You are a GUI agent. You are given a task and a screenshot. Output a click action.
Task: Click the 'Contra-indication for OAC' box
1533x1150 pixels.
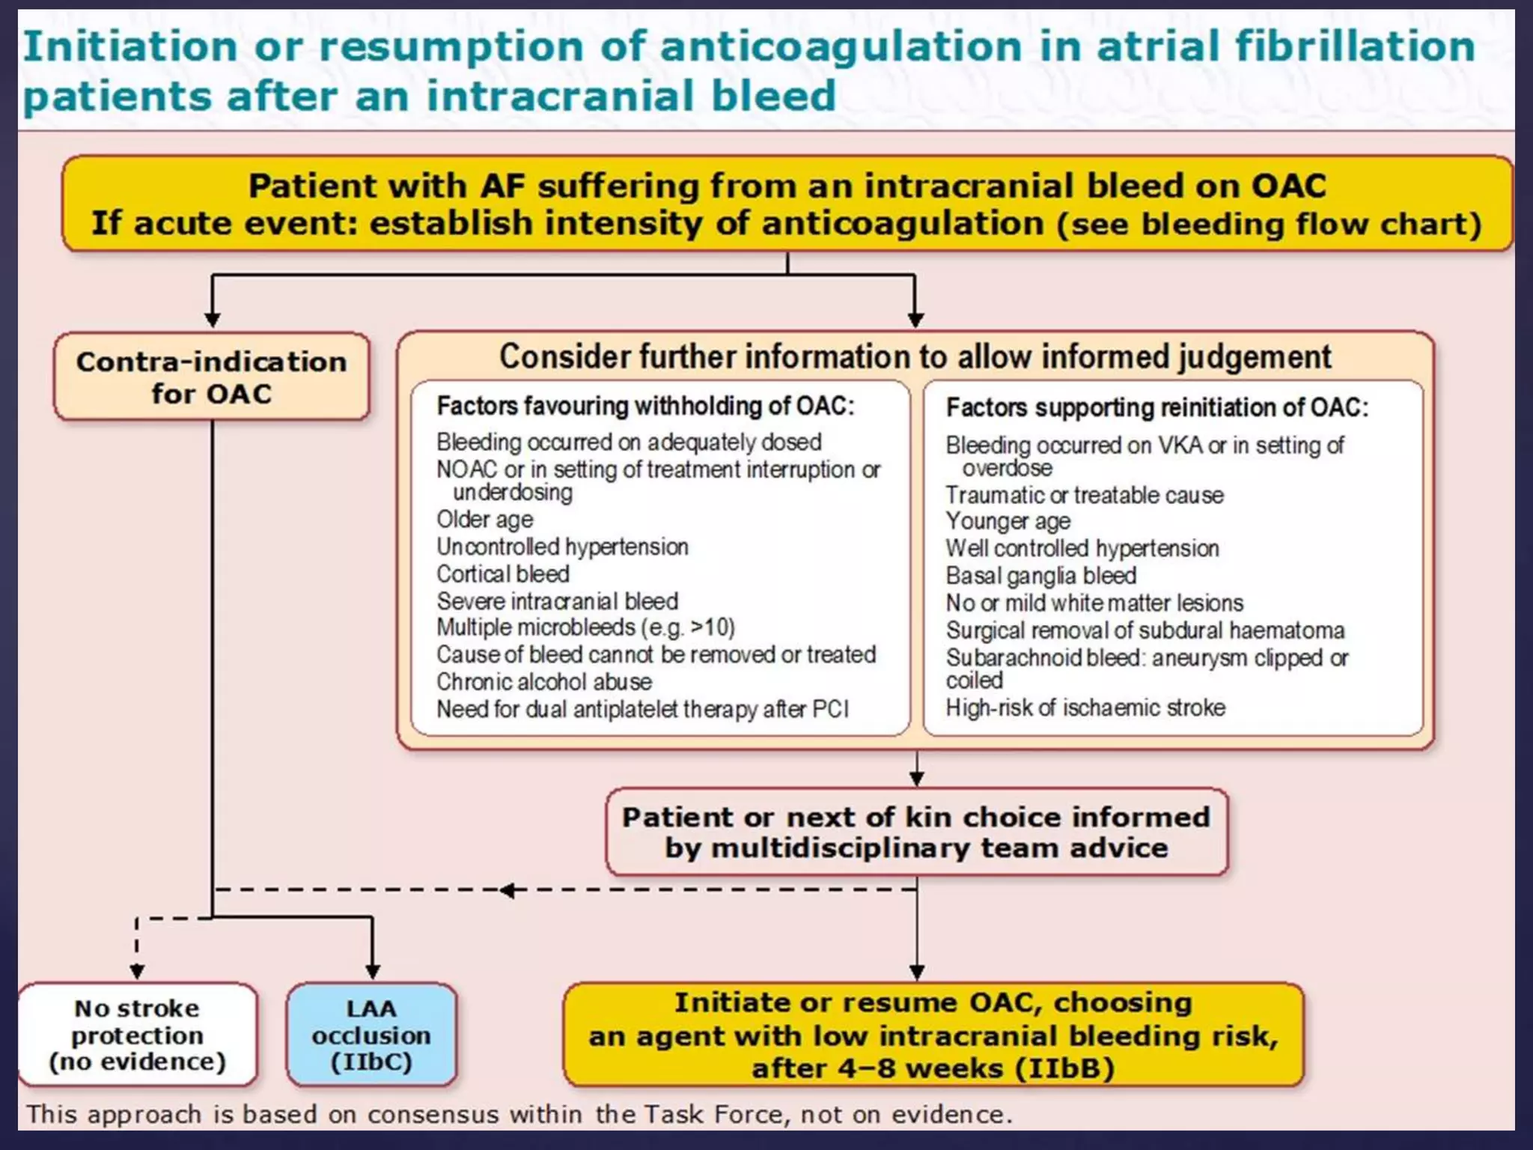(x=212, y=377)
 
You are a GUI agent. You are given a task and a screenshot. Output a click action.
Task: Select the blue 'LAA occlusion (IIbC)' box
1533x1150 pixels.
(x=371, y=1035)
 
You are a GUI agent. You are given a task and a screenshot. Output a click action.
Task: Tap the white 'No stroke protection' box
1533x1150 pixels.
(x=138, y=1035)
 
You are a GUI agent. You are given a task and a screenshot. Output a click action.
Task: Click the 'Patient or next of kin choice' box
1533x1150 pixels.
(x=916, y=832)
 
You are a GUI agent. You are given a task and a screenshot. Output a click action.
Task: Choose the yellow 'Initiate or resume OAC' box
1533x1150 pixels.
(x=933, y=1035)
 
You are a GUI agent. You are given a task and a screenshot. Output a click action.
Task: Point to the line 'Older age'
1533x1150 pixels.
(x=485, y=520)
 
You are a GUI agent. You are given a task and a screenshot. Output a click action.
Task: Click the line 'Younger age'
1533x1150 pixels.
(x=1008, y=521)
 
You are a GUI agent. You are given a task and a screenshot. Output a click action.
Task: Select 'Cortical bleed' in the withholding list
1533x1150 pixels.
(x=503, y=574)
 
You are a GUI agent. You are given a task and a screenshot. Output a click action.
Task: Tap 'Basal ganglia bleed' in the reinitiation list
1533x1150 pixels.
(x=1041, y=576)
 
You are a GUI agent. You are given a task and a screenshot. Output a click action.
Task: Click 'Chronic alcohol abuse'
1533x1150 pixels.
(x=544, y=682)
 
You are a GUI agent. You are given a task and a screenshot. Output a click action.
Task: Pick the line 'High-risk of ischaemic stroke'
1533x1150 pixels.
(x=1085, y=708)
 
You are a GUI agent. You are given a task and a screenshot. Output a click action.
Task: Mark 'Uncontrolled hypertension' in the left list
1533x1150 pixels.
(x=562, y=547)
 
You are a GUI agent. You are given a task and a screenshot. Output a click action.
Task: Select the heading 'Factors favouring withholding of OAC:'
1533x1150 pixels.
(x=645, y=406)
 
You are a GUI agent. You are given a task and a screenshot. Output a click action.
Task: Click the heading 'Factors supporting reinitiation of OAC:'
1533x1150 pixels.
(x=1157, y=407)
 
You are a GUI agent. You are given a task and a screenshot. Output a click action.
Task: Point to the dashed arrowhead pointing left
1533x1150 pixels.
(x=508, y=890)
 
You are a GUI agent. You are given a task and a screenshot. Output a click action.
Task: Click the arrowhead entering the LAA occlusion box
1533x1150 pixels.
(x=373, y=972)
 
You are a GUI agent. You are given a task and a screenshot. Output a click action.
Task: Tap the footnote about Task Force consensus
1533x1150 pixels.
(x=519, y=1114)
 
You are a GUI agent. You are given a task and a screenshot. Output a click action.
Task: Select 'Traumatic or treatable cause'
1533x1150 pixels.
(x=1085, y=495)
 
